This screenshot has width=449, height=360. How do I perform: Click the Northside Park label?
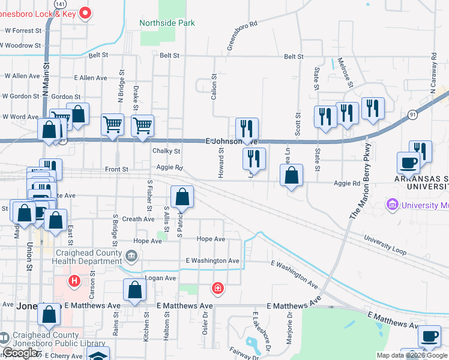pos(167,23)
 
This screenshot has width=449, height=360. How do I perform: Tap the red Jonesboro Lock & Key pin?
pos(85,12)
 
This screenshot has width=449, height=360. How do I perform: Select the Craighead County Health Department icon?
pos(131,257)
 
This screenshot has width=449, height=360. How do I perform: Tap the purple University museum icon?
pos(393,206)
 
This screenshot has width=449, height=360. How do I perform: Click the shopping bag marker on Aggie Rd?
pos(291,176)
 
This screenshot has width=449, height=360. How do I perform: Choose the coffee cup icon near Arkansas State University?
pos(408,163)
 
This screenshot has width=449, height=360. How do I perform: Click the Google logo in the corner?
pos(20,353)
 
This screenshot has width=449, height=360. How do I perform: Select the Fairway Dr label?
pos(247,353)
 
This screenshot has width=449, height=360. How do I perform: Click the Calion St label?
pos(213,87)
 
